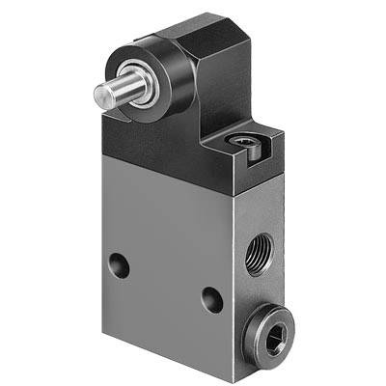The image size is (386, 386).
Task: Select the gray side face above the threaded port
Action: pos(261,207)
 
